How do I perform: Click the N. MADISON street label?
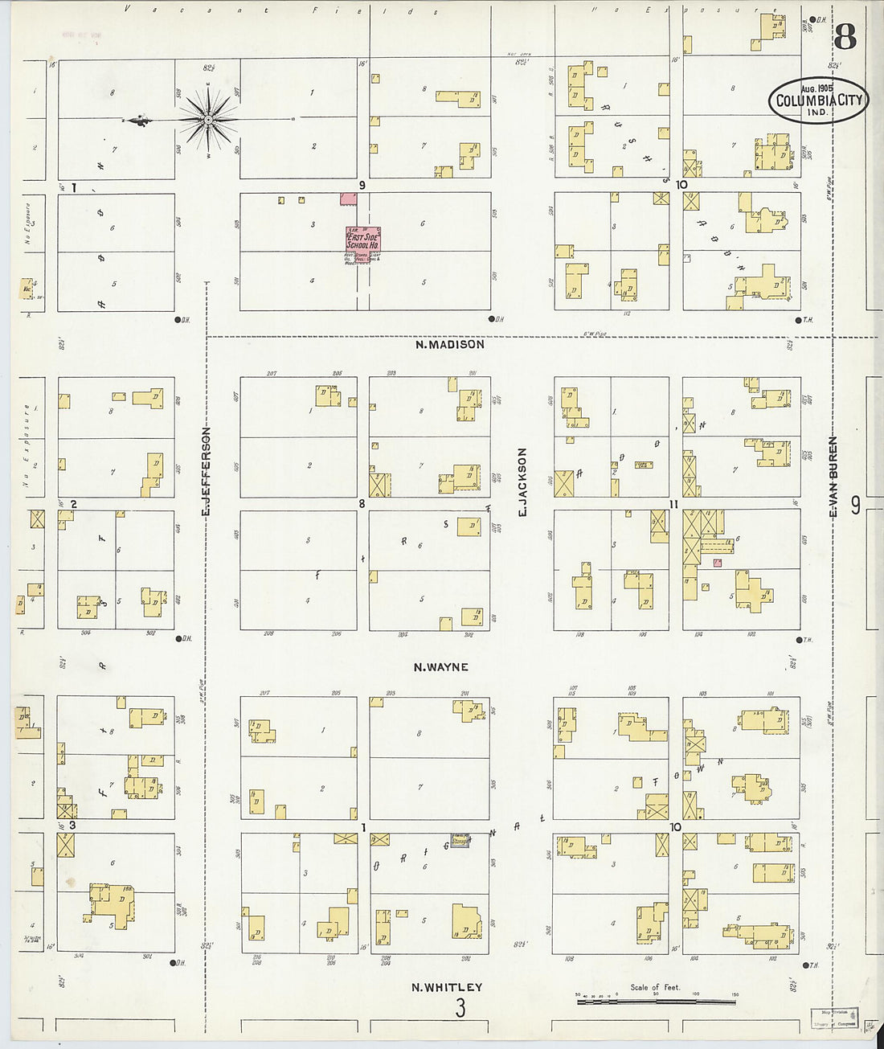coord(450,344)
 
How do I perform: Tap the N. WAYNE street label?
coord(440,667)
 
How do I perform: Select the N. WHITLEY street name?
coord(447,988)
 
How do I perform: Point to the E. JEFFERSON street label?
coord(206,471)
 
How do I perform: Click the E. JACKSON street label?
coord(522,481)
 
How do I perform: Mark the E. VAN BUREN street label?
coord(833,474)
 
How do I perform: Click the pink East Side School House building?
coord(362,239)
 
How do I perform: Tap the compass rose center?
coord(208,121)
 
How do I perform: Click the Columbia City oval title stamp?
coord(818,100)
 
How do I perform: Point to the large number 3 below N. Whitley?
coord(460,1008)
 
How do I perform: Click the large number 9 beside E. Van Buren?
coord(855,505)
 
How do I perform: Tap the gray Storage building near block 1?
coord(460,840)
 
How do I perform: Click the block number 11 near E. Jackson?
coord(674,504)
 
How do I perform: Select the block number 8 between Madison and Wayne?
coord(362,504)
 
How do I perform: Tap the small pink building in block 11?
coord(717,563)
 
